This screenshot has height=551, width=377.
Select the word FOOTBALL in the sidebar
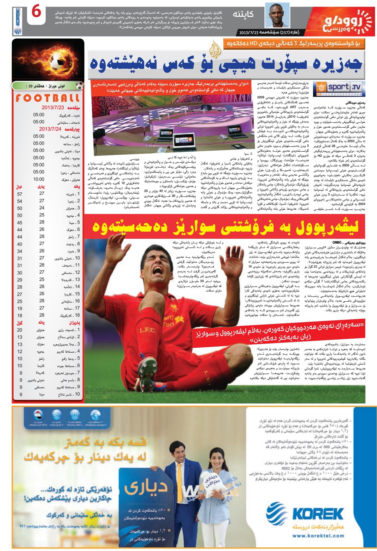[x=48, y=99]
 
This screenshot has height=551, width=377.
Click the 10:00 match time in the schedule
[x=39, y=179]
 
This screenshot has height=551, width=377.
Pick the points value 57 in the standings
[x=20, y=194]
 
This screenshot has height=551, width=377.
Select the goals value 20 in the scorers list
[x=20, y=330]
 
